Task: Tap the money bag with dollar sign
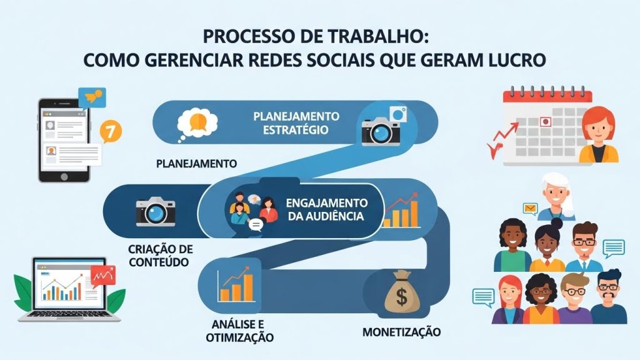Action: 401,296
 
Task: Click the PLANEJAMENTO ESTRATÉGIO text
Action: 296,123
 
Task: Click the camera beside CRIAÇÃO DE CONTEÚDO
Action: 155,211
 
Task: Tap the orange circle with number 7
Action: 111,131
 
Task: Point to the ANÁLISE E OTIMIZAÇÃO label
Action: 240,330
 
